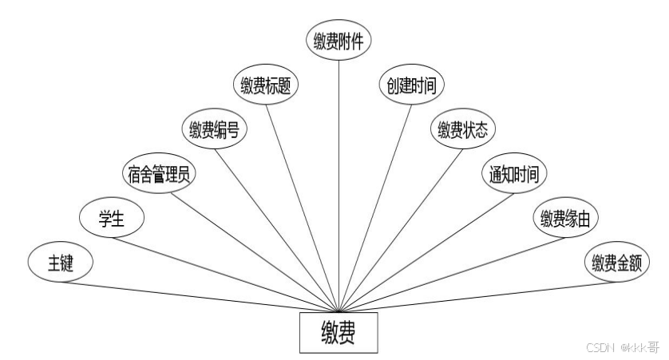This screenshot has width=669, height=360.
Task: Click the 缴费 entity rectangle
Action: (338, 332)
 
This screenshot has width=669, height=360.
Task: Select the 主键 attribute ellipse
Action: (61, 264)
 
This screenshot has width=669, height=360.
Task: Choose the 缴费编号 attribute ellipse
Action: (215, 129)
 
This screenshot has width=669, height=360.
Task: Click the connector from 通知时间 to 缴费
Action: (423, 243)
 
